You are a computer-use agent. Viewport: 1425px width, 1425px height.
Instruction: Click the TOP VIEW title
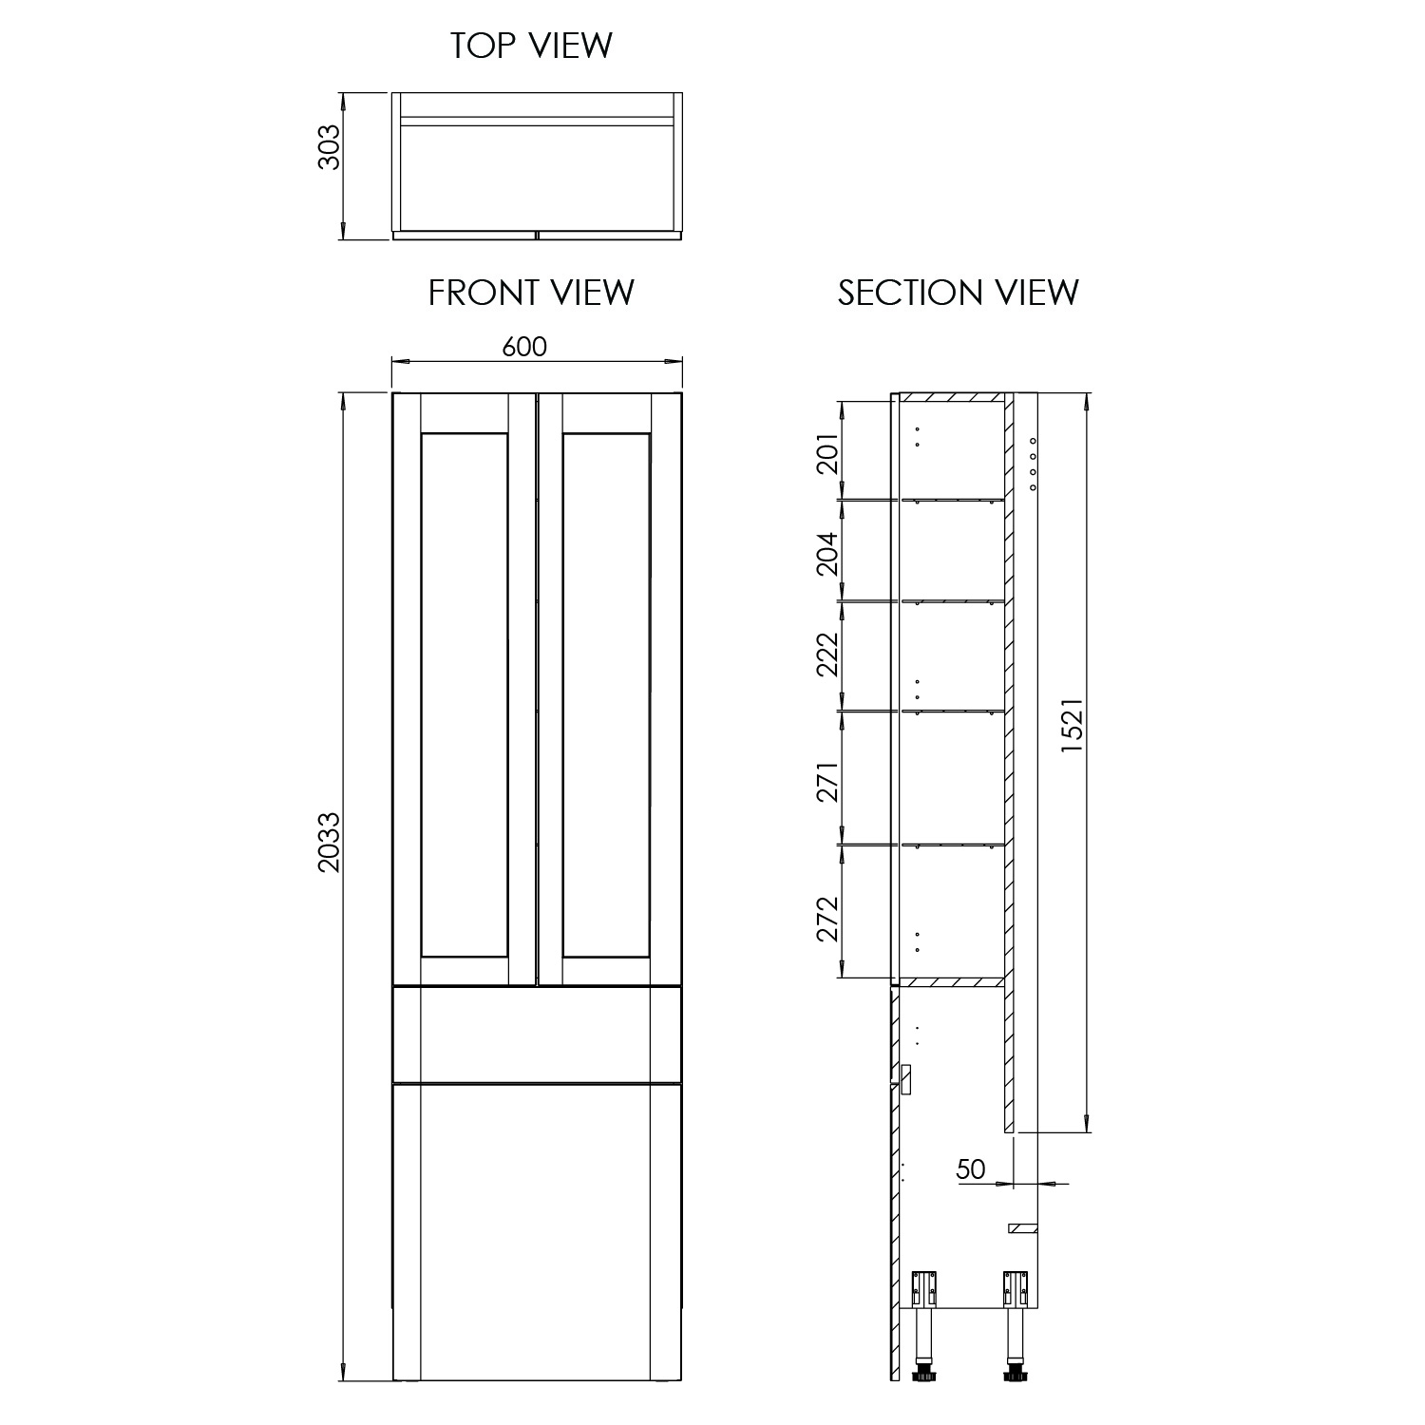(531, 47)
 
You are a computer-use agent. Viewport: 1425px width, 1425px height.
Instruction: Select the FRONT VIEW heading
(531, 293)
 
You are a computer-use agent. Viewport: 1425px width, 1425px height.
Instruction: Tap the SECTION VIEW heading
(958, 293)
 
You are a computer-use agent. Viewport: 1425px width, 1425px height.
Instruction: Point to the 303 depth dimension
(329, 147)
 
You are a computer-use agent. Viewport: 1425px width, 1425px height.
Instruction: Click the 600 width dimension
(524, 347)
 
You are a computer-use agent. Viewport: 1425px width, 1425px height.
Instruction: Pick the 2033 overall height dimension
(329, 842)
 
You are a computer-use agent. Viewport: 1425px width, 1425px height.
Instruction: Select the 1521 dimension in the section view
(1072, 727)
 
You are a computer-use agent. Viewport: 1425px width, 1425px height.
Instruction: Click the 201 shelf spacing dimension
(828, 452)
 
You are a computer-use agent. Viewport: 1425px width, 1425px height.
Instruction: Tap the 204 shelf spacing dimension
(828, 553)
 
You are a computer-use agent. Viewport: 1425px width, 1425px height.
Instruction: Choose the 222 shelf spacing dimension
(828, 655)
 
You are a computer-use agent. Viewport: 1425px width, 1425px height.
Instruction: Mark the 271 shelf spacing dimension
(828, 780)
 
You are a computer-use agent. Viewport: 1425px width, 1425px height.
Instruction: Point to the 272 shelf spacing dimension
(828, 919)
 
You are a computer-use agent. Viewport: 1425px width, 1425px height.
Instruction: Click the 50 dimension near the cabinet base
(971, 1168)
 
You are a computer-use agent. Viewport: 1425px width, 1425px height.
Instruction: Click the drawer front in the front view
(538, 1035)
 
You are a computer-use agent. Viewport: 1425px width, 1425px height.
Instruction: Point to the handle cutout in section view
(904, 1079)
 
